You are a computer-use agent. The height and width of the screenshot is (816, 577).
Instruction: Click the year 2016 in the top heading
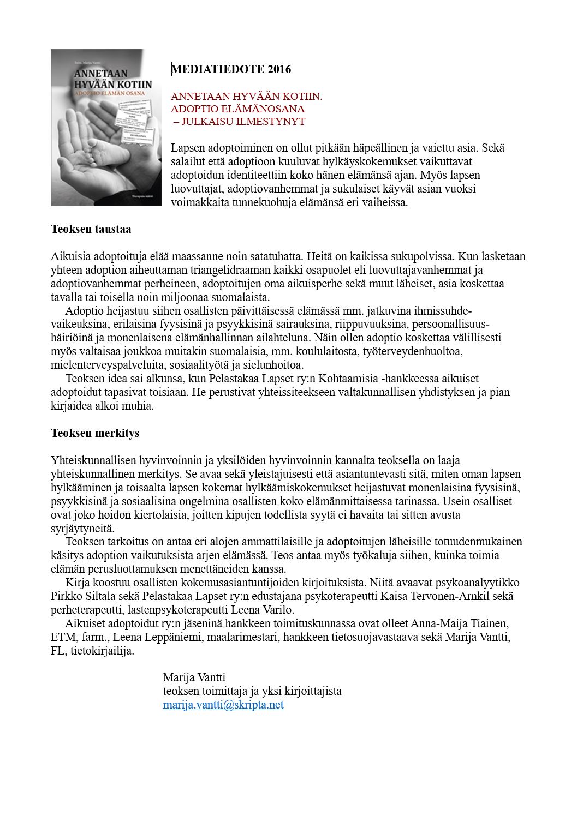279,69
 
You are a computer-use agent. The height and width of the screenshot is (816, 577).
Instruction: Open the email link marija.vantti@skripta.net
223,705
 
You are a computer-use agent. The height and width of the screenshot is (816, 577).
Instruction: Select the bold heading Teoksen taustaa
91,229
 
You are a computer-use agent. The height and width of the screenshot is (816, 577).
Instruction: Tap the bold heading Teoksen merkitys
95,433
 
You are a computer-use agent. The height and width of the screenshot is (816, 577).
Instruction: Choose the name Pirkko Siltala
84,596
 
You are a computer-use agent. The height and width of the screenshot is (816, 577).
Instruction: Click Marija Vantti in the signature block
194,677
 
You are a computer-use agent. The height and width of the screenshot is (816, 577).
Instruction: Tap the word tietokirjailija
102,651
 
